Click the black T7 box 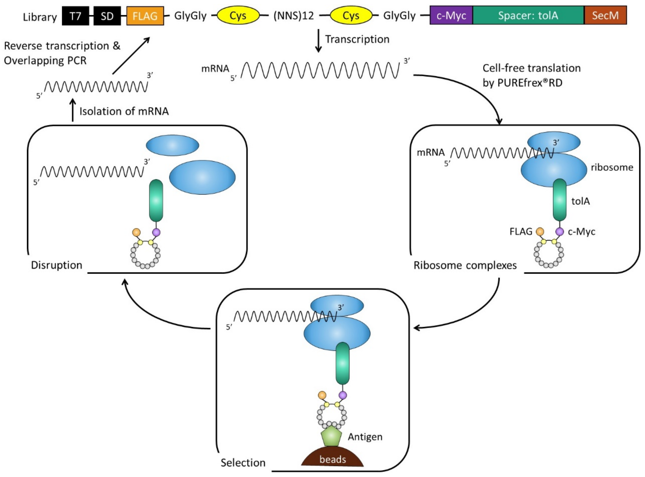(x=75, y=16)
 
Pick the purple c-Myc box (x=451, y=15)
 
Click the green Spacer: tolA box (x=528, y=15)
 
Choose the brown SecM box (x=606, y=15)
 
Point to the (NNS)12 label (x=294, y=16)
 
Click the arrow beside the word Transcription (x=318, y=41)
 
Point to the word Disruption (x=57, y=265)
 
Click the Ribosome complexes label (x=465, y=265)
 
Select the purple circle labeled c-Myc (x=560, y=231)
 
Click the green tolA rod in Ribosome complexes (x=560, y=200)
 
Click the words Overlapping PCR (x=45, y=61)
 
